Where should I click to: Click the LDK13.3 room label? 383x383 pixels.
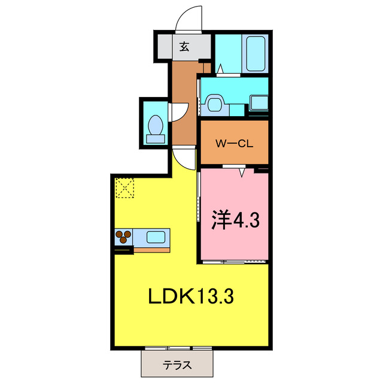tap(191, 296)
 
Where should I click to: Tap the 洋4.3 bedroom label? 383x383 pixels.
tap(235, 220)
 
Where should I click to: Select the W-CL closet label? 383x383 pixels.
tap(234, 144)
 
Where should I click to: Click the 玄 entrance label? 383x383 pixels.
tap(184, 47)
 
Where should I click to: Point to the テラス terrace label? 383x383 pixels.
tap(177, 366)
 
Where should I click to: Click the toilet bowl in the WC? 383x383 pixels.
tap(156, 125)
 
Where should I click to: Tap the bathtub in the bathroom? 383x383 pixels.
tap(256, 54)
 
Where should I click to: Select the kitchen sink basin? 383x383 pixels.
tap(156, 237)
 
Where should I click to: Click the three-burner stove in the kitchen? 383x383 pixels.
tap(124, 237)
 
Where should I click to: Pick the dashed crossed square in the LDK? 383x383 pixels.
tap(125, 187)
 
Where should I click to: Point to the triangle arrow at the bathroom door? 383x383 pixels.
tap(220, 69)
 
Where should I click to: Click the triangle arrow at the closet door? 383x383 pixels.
tap(242, 172)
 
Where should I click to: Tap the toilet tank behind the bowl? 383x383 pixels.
tap(156, 139)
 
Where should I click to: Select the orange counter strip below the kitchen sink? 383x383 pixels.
tap(151, 250)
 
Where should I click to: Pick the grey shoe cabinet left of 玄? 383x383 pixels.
tap(165, 47)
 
